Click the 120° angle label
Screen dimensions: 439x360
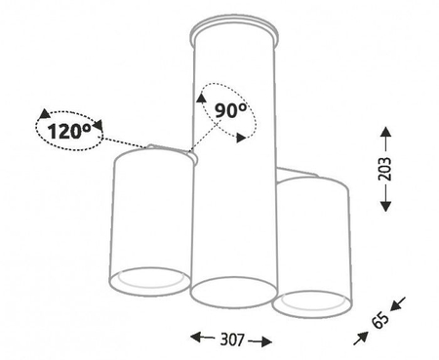coord(69,132)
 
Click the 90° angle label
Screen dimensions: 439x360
coord(230,110)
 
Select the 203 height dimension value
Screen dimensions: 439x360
coord(385,169)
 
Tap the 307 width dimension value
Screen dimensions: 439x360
coord(232,340)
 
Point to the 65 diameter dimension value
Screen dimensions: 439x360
coord(379,320)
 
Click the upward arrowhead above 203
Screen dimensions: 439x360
coord(385,133)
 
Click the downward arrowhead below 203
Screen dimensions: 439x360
coord(385,206)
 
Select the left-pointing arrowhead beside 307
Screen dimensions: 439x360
coord(195,338)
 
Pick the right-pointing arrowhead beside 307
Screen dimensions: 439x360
coord(266,341)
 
